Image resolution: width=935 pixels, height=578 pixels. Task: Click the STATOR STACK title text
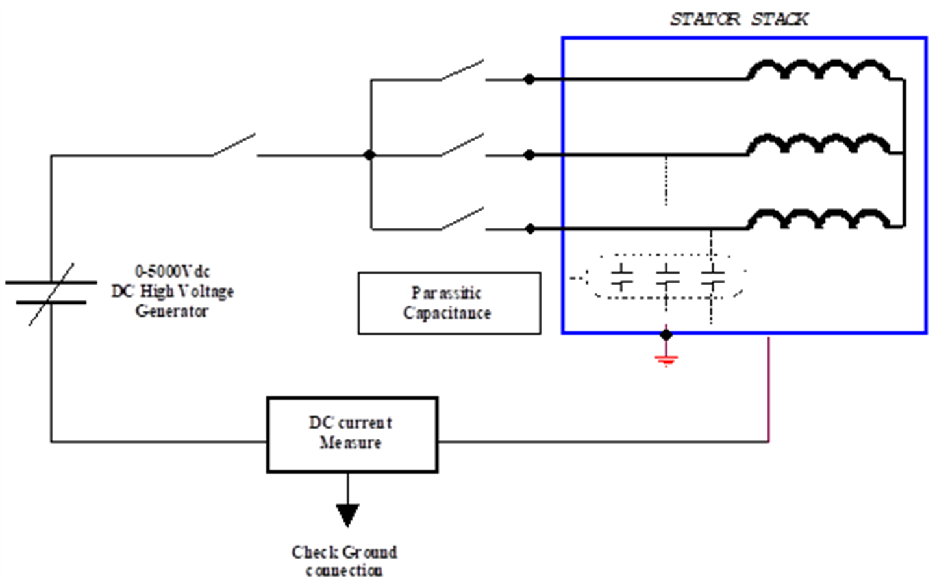point(739,19)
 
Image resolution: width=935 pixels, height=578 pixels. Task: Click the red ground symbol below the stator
point(666,359)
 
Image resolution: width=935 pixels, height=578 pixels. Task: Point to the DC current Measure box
point(352,434)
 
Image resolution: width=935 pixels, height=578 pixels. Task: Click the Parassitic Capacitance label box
point(449,303)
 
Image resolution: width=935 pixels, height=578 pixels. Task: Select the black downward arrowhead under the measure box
point(347,515)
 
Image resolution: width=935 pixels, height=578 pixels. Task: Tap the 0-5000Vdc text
point(172,271)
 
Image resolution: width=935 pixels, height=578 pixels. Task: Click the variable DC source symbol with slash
point(51,293)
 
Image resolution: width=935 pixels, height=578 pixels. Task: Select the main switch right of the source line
point(234,145)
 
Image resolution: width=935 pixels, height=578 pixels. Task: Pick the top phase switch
point(463,70)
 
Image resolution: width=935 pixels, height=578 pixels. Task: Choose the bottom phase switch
point(463,219)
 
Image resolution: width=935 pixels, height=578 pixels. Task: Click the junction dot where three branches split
point(369,155)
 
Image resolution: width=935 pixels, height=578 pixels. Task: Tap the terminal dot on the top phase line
point(530,79)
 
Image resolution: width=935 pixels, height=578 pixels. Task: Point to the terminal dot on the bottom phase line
point(530,228)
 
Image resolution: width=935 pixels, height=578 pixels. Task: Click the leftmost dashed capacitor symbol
point(621,277)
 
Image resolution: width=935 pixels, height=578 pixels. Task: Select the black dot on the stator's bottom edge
point(666,335)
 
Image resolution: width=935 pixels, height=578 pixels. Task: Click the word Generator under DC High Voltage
point(172,311)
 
